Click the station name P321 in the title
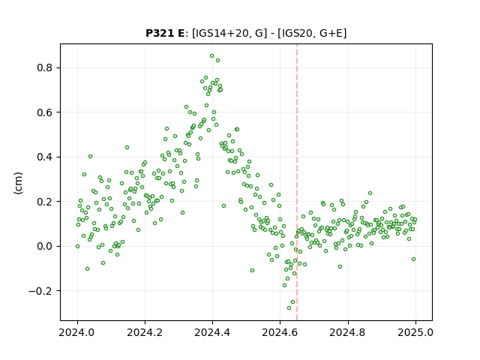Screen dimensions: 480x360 point(160,33)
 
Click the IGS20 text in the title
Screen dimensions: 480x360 point(295,33)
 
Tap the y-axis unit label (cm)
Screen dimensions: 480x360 point(18,183)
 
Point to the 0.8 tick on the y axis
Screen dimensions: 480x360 point(45,67)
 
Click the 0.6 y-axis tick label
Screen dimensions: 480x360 point(45,112)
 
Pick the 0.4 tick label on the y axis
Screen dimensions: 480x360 point(45,157)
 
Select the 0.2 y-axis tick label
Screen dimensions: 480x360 point(45,202)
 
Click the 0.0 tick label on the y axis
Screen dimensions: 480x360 point(45,246)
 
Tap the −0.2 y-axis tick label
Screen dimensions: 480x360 point(40,291)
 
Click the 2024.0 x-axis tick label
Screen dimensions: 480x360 point(77,332)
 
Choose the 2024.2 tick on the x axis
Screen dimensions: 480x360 point(145,332)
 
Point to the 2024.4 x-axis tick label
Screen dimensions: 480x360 point(212,332)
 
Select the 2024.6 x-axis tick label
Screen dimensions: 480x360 point(280,332)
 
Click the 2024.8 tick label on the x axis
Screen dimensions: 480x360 point(348,332)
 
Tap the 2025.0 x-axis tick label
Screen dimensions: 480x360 point(415,332)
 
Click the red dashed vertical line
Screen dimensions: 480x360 point(297,182)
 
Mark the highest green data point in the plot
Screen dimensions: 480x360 point(211,56)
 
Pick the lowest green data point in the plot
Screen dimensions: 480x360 point(289,307)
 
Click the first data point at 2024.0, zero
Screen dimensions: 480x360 point(77,246)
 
